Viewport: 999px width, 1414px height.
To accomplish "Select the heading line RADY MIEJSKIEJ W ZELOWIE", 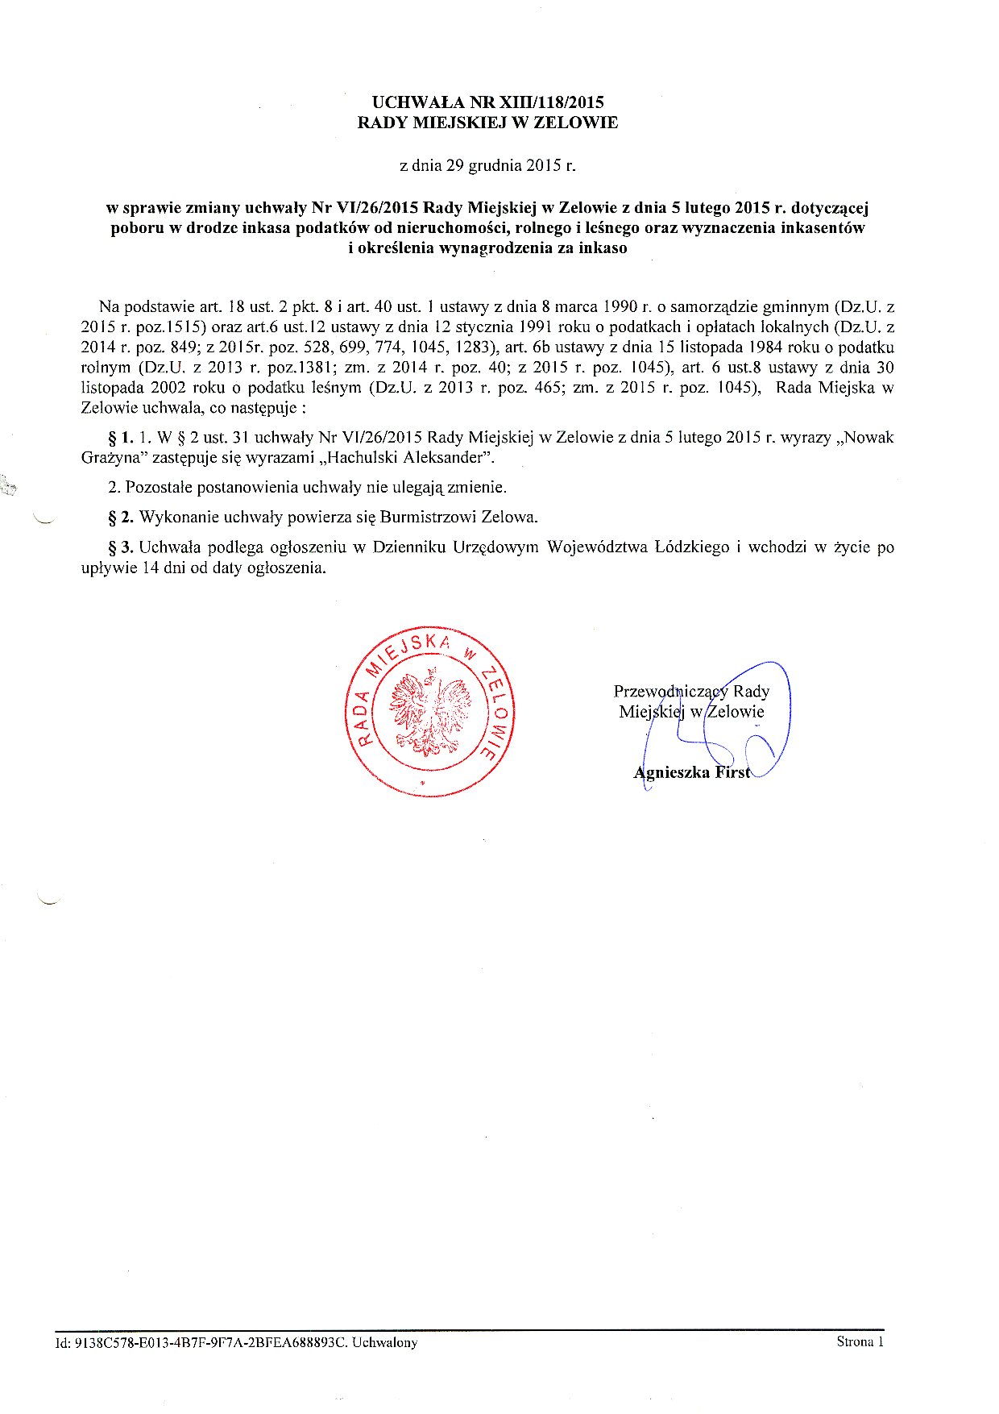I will point(487,123).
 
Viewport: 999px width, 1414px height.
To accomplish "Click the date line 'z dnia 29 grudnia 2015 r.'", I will point(487,166).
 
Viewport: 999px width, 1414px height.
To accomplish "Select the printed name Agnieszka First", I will point(691,772).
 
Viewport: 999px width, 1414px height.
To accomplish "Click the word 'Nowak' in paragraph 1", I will point(870,438).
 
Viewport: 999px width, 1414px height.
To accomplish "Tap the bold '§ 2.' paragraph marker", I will point(120,517).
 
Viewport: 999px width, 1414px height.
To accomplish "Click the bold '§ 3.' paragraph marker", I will point(120,547).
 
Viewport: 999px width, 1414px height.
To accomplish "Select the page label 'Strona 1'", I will point(860,1341).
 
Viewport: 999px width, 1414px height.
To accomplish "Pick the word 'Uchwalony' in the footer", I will point(385,1342).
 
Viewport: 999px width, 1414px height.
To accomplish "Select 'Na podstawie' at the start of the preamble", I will point(139,306).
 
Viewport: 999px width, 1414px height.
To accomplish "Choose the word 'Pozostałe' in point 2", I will point(159,487).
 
